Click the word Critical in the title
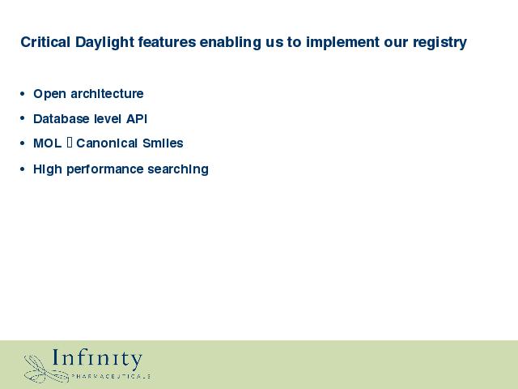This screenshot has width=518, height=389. click(x=45, y=42)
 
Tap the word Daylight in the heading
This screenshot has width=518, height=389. click(x=104, y=43)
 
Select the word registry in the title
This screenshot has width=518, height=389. click(x=439, y=43)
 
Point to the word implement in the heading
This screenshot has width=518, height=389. click(x=342, y=43)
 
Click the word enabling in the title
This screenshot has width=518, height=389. click(x=230, y=43)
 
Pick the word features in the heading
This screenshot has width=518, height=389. click(x=167, y=42)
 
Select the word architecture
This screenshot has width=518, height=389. click(x=107, y=93)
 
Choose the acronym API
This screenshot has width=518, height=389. click(x=137, y=118)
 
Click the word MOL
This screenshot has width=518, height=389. click(x=47, y=143)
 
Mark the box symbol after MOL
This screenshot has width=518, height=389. click(x=70, y=143)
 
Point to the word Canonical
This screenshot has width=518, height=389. click(x=107, y=143)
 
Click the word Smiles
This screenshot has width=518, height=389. click(x=163, y=143)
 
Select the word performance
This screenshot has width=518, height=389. click(x=105, y=169)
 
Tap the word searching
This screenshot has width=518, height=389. click(x=178, y=169)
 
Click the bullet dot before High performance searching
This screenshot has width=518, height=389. click(x=22, y=169)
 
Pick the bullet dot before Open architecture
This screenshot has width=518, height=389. click(x=22, y=94)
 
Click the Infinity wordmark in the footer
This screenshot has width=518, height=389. click(x=97, y=358)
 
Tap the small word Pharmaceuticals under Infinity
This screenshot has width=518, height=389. click(x=111, y=376)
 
